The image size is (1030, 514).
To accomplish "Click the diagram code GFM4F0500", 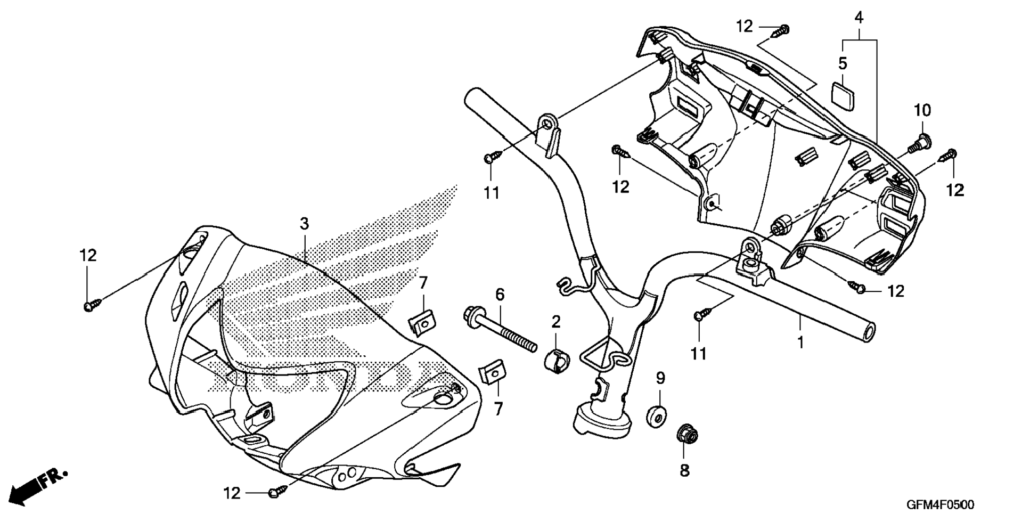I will [x=941, y=504].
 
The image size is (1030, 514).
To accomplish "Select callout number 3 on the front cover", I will [x=304, y=224].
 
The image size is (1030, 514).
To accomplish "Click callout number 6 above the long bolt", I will [x=500, y=295].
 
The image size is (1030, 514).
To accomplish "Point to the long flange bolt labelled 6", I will [x=500, y=331].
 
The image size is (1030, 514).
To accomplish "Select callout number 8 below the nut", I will [x=684, y=470].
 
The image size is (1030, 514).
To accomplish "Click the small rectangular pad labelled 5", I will [x=842, y=93].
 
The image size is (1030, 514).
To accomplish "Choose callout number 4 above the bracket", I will [x=859, y=18].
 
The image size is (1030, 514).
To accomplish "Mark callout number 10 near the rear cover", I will [x=922, y=111].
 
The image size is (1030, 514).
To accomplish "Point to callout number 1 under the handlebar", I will [x=800, y=342].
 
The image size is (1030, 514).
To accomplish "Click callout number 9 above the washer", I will [x=660, y=378].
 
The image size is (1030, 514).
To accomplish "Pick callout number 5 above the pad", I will [x=843, y=63].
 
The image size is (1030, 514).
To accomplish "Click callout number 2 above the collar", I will [x=555, y=322].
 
